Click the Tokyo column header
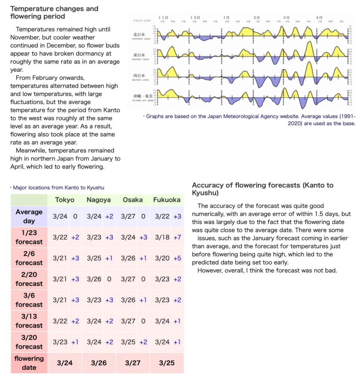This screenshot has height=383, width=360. (x=65, y=200)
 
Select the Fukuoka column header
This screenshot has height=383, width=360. (x=167, y=200)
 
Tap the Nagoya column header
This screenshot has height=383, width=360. (x=99, y=200)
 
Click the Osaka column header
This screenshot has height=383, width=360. (x=133, y=200)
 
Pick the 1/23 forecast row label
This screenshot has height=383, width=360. (x=29, y=237)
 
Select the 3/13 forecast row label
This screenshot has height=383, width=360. (x=29, y=321)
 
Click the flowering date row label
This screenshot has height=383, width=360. (x=29, y=363)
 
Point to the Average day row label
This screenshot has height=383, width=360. (x=29, y=216)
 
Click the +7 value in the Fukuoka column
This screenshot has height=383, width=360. (x=177, y=237)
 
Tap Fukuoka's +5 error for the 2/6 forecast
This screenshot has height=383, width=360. (x=177, y=258)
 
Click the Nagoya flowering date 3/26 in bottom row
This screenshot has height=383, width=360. (x=99, y=363)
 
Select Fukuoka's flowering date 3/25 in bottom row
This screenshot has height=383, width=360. (x=167, y=363)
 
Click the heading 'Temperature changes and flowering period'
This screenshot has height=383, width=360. (x=54, y=12)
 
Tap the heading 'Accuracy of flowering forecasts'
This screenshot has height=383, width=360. (x=262, y=189)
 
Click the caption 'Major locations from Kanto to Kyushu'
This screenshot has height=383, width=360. (x=58, y=187)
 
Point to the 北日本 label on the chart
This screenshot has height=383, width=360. (x=139, y=35)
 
